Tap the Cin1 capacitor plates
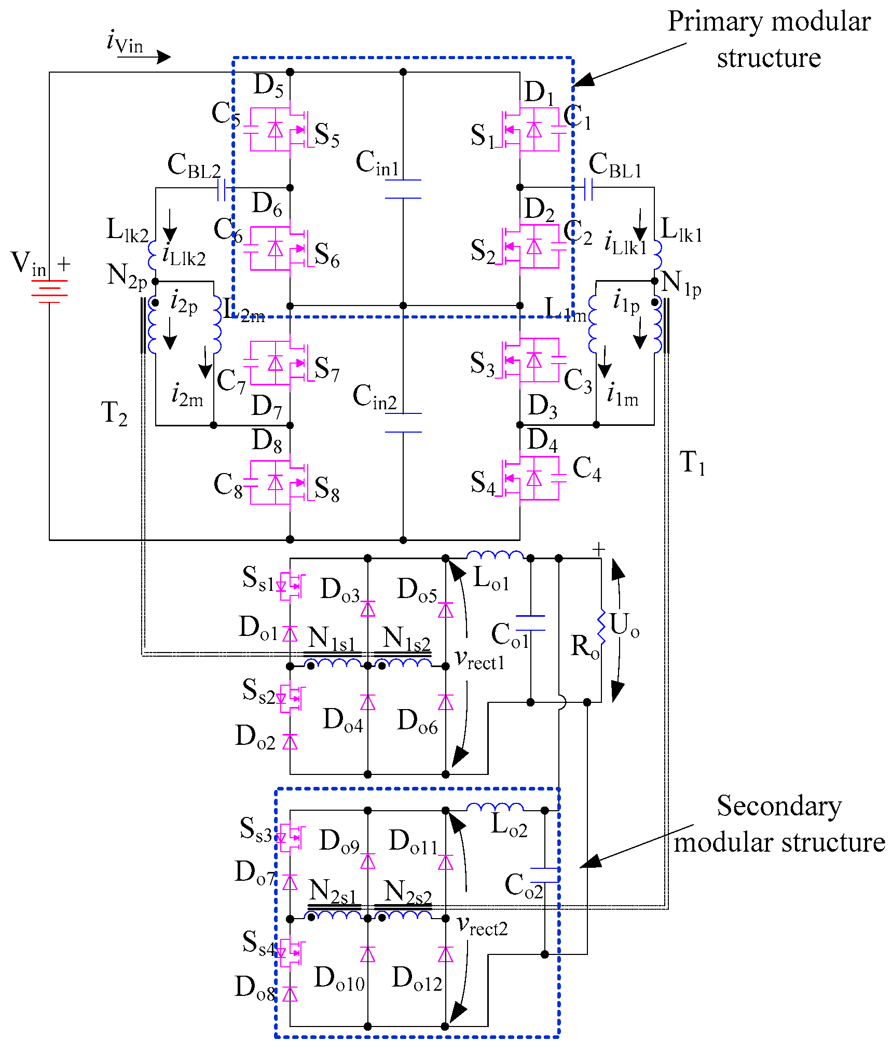[x=403, y=189]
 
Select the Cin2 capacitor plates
[x=403, y=423]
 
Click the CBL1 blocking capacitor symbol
[x=588, y=189]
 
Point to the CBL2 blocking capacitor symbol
[x=221, y=190]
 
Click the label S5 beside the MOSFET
[x=327, y=135]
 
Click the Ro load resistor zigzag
[x=601, y=628]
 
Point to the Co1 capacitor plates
[x=530, y=623]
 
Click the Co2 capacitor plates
[x=544, y=875]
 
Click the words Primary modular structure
[x=769, y=39]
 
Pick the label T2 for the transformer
[x=114, y=413]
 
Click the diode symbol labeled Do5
[x=445, y=611]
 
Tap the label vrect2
[x=482, y=926]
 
